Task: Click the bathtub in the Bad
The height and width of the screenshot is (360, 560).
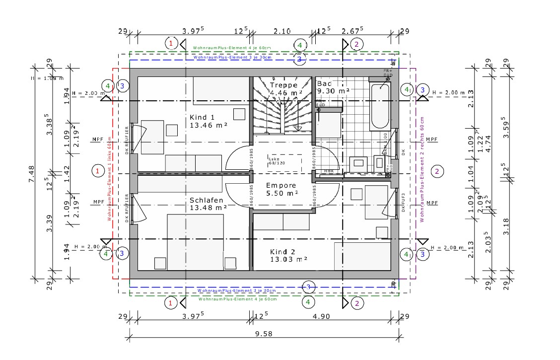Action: click(x=380, y=106)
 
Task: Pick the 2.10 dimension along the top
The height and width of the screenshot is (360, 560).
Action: click(x=282, y=31)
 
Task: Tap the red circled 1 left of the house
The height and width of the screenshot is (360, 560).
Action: click(x=98, y=171)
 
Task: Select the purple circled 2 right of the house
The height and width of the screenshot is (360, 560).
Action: click(x=437, y=172)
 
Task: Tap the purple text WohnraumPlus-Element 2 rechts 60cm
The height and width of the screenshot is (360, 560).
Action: click(x=421, y=170)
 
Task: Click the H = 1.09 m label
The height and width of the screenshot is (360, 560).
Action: click(x=47, y=78)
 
